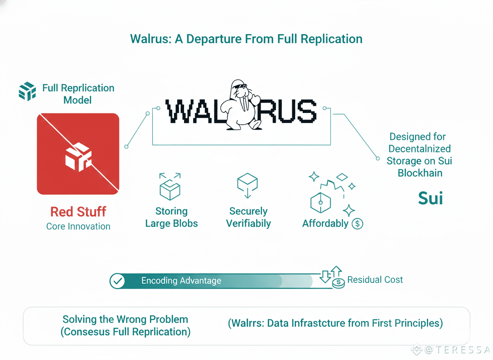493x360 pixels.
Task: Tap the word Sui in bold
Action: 430,198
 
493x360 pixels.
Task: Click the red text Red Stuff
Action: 78,212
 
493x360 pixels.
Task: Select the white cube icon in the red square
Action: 78,157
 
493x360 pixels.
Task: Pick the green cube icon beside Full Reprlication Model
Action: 27,91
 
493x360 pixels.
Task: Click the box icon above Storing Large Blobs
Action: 170,186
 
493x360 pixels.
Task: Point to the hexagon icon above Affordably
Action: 321,203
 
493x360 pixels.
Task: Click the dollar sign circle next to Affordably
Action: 357,224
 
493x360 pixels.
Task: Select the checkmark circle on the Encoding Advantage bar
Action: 118,281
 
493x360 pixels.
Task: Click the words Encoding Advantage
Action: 181,281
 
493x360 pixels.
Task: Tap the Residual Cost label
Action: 375,280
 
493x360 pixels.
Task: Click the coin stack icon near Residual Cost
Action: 338,282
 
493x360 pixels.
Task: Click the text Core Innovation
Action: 78,227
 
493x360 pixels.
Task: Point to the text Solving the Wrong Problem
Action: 125,320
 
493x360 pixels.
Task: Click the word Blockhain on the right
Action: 420,172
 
